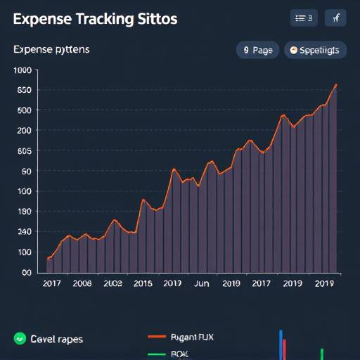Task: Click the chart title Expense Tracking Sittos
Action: (95, 19)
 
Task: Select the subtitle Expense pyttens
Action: (51, 50)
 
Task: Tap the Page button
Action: (257, 50)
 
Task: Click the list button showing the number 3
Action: (304, 19)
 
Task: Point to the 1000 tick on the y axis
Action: (22, 70)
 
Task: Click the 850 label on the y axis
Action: (24, 90)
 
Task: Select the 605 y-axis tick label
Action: (24, 151)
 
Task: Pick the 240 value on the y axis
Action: (24, 232)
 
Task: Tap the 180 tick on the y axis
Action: (24, 212)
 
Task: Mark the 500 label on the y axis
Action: (24, 110)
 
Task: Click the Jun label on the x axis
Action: (201, 283)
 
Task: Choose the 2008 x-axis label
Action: (82, 283)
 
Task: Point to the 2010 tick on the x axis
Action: (231, 283)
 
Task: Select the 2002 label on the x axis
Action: (112, 283)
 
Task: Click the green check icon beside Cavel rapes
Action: (19, 339)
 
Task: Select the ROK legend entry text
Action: (181, 354)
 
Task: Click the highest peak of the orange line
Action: (335, 85)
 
